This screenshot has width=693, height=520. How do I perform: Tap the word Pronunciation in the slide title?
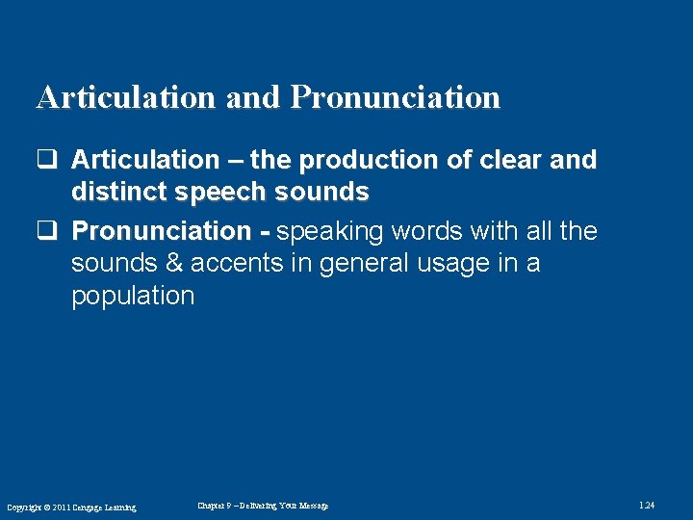(x=396, y=98)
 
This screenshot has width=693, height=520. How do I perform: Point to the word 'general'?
(x=358, y=264)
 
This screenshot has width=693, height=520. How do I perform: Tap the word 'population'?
(x=133, y=297)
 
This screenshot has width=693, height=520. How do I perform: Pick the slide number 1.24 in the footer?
(x=647, y=506)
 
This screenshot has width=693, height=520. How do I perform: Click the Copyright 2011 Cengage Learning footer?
(x=71, y=507)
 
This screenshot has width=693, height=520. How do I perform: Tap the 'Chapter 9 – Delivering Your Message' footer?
(x=263, y=506)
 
